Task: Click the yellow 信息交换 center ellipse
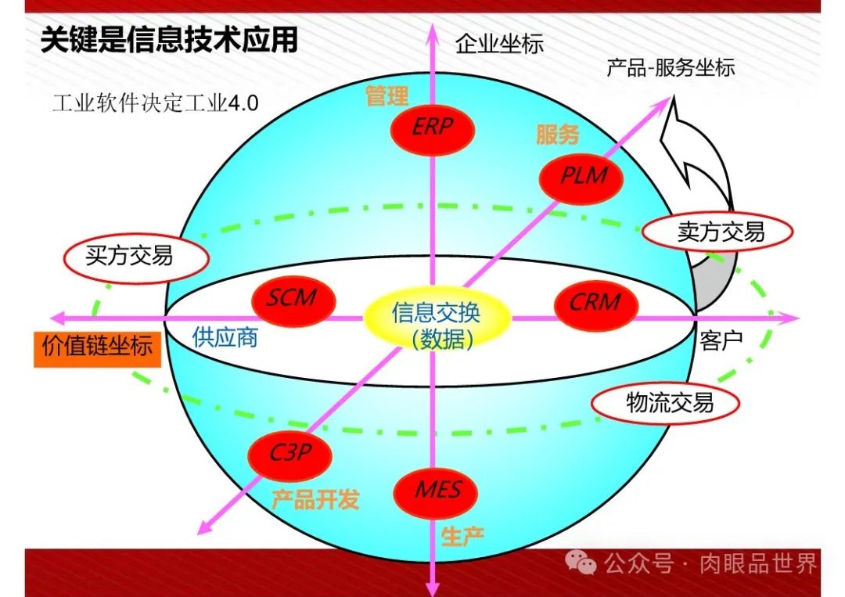pyautogui.click(x=437, y=321)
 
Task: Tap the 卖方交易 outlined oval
pyautogui.click(x=717, y=231)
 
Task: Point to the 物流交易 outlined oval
pyautogui.click(x=670, y=403)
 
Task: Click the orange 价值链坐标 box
pyautogui.click(x=98, y=348)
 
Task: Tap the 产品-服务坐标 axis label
pyautogui.click(x=671, y=68)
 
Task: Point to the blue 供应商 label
pyautogui.click(x=225, y=338)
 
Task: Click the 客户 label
pyautogui.click(x=721, y=340)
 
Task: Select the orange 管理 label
pyautogui.click(x=387, y=97)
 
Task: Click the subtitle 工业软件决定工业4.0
pyautogui.click(x=155, y=103)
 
